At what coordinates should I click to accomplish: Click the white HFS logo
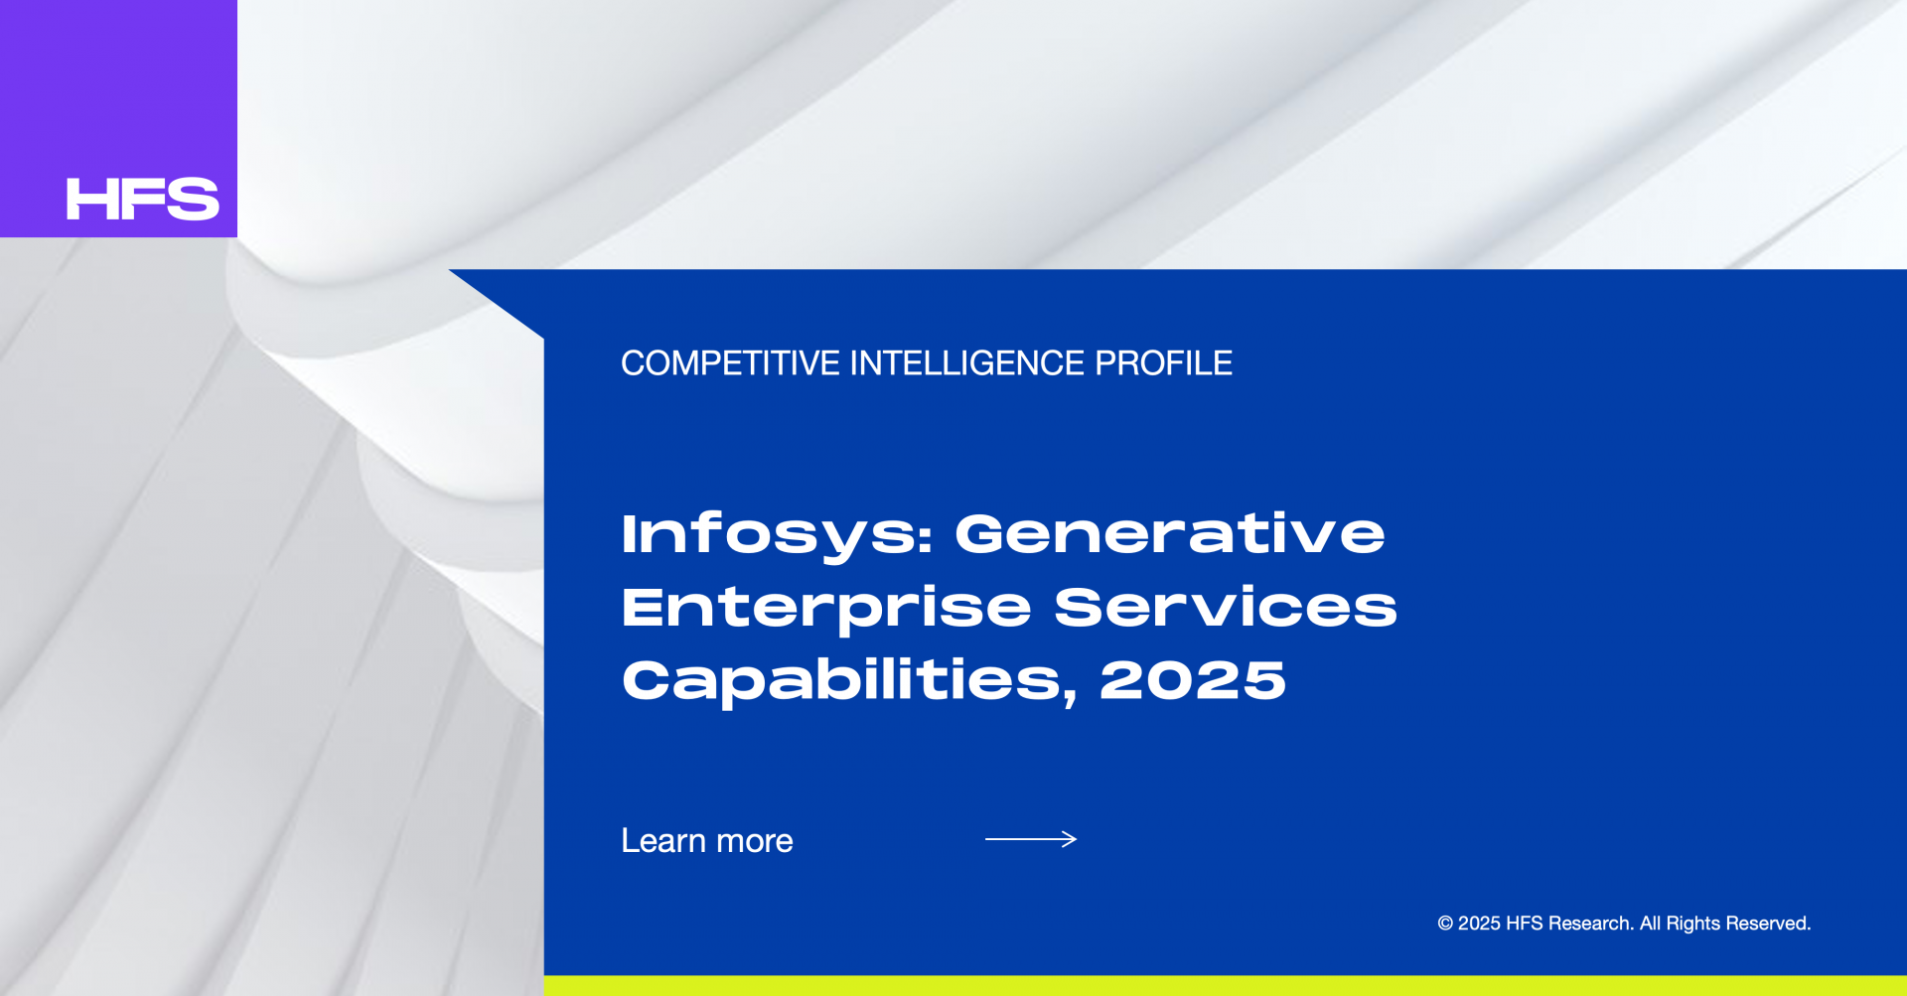[x=142, y=199]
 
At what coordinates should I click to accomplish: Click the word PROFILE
[x=1163, y=363]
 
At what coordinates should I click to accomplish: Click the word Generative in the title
[x=1170, y=533]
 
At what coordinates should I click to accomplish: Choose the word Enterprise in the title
[x=826, y=609]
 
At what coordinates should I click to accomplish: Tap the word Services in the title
[x=1226, y=607]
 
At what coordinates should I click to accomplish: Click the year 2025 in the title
[x=1193, y=680]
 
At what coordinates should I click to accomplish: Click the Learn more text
[x=707, y=841]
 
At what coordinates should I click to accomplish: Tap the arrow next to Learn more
[x=1031, y=839]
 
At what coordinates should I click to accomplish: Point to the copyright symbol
[x=1445, y=924]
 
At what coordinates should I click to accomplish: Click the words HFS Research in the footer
[x=1569, y=924]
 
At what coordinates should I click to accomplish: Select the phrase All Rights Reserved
[x=1725, y=924]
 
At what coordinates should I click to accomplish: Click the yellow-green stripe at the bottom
[x=1226, y=986]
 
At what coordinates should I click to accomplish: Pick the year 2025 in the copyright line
[x=1479, y=924]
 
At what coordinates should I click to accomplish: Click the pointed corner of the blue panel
[x=450, y=270]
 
